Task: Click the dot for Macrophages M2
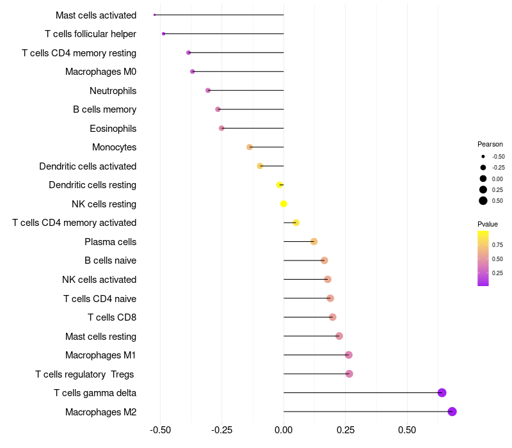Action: coord(452,412)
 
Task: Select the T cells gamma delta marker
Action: coord(442,393)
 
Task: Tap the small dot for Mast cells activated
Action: coord(155,15)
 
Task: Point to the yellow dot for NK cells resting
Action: coord(284,204)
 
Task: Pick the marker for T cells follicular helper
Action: coord(164,33)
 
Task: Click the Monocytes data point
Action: coord(250,147)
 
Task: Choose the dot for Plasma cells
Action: coord(314,241)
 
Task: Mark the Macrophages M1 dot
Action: coord(349,355)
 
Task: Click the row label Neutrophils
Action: coord(113,91)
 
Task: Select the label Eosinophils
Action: coord(113,129)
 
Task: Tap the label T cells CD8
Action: coord(112,317)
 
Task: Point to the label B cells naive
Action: coord(110,260)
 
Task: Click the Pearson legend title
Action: coord(490,144)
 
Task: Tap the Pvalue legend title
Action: coord(488,224)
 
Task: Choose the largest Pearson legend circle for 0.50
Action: coord(483,201)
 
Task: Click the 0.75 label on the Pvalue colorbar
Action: coord(497,244)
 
